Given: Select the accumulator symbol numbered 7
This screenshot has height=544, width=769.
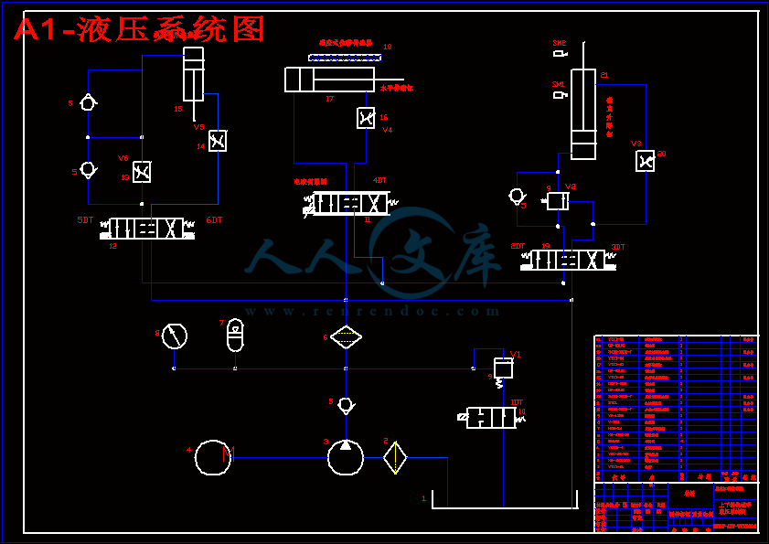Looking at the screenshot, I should (235, 336).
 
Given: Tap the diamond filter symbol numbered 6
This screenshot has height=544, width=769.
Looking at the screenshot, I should (346, 336).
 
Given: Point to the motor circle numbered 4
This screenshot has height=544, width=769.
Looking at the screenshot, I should (214, 457).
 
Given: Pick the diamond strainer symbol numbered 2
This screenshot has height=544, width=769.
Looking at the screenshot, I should (395, 457).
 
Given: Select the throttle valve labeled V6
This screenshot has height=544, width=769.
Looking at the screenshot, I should (143, 171).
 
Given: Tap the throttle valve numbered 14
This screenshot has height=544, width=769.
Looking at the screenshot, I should (218, 141).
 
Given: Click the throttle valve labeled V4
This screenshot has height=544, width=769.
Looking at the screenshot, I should (366, 118).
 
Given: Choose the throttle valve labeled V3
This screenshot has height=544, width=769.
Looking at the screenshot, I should (646, 161).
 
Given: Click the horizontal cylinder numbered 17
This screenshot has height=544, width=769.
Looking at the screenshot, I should (330, 80).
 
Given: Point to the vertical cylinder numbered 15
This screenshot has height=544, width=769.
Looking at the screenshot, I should (193, 74).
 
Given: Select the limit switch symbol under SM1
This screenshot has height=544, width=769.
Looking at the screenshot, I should (560, 94).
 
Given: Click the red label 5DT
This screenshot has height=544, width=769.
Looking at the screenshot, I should (85, 220).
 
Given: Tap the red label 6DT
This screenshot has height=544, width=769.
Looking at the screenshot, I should (214, 220).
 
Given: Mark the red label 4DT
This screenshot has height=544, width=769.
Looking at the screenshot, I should (379, 180).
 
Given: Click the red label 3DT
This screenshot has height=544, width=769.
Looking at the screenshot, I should (618, 247).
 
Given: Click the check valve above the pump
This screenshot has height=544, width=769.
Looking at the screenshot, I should (346, 405).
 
